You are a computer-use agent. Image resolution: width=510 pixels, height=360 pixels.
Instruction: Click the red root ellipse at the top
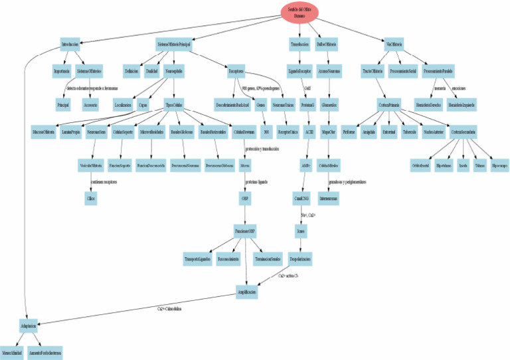pos(299,12)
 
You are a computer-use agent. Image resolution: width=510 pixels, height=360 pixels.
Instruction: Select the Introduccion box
pos(70,45)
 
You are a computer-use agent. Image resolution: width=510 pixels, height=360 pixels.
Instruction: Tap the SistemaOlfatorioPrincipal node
pos(174,45)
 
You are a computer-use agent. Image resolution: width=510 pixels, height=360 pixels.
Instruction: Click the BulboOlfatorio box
pos(327,45)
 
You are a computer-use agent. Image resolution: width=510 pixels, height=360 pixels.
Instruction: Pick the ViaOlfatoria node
pos(394,45)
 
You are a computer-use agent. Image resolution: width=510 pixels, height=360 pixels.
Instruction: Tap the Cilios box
pos(91,198)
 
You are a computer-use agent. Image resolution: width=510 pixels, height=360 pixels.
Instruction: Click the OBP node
pos(245,198)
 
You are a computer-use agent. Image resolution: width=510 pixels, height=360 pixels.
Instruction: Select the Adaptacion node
pos(28,327)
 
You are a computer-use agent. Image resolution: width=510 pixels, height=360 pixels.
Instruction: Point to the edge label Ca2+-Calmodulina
pos(169,309)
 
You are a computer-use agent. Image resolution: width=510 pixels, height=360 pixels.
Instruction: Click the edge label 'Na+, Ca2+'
pos(308,215)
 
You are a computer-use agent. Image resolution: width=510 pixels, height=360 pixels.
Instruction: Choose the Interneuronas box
pos(328,198)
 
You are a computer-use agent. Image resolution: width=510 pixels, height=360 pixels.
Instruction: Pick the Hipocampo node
pos(499,161)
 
